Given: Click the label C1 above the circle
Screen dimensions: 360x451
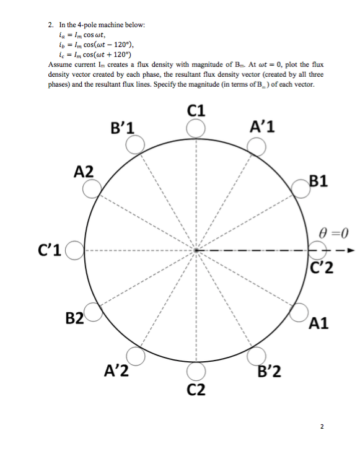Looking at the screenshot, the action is click(x=196, y=112).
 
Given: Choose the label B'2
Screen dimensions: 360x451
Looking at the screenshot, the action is click(x=269, y=372).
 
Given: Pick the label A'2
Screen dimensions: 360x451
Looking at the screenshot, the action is click(x=115, y=372).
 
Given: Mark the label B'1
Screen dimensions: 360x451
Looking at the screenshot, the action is click(x=121, y=128).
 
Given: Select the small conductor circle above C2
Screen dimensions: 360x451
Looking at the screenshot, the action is click(x=196, y=371).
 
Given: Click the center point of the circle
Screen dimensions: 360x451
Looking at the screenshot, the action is click(x=196, y=250).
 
